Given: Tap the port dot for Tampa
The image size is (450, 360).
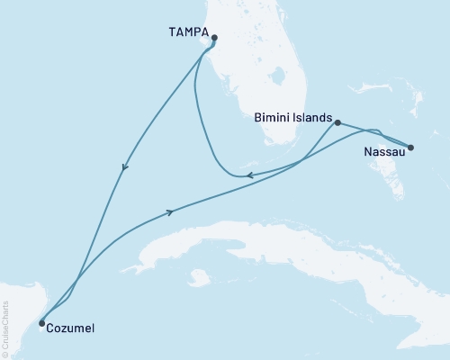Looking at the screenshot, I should (214, 38).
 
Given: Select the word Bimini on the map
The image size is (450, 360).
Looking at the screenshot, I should (274, 117).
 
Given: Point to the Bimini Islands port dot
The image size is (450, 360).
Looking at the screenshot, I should (337, 122).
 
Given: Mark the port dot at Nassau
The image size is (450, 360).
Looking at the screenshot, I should (410, 148).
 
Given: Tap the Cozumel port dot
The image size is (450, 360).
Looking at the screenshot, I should (41, 322).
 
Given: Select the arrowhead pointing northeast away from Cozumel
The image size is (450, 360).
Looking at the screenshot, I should (169, 212).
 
